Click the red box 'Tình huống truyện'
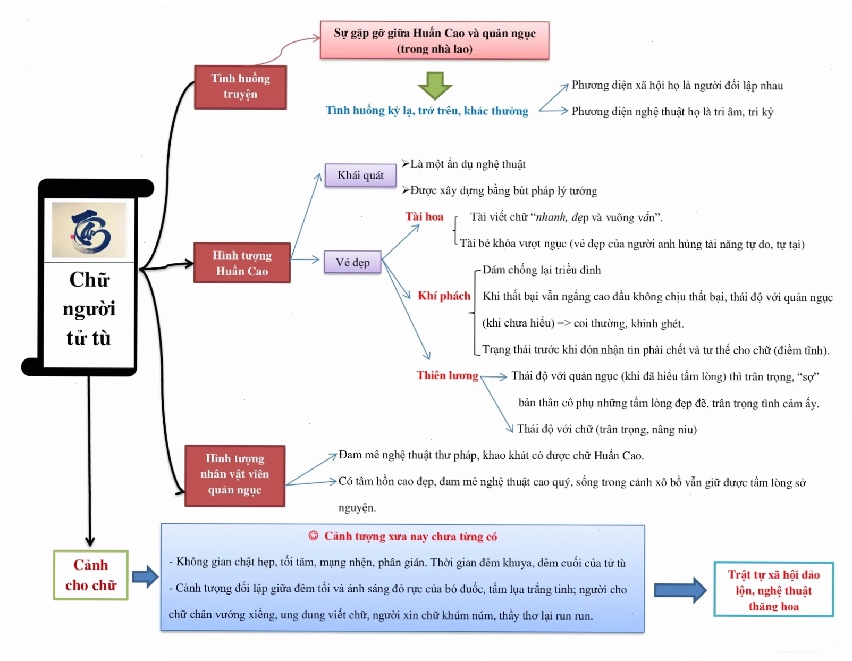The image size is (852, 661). click(240, 87)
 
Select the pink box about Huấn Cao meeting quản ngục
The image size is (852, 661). click(434, 40)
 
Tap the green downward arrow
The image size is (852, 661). click(435, 86)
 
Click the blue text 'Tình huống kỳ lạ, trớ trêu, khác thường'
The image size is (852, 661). click(427, 111)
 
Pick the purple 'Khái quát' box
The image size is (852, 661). click(360, 175)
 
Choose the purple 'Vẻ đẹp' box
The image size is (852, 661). click(352, 262)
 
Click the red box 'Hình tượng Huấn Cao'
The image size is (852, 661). click(242, 263)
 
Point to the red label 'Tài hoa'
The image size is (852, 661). click(424, 216)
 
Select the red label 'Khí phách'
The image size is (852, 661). click(444, 296)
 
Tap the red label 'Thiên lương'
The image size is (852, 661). click(448, 375)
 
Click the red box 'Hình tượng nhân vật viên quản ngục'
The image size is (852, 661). click(235, 475)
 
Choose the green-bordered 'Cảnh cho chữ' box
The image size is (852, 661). click(91, 575)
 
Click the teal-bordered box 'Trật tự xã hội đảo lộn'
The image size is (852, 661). click(773, 589)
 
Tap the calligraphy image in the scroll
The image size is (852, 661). click(89, 230)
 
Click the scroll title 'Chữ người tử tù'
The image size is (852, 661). click(89, 309)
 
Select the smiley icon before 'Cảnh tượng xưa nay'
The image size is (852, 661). click(313, 536)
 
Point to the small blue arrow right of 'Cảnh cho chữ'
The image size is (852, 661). click(146, 576)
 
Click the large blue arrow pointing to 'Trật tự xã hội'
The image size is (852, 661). click(680, 590)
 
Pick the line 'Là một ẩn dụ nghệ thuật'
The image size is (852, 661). click(464, 164)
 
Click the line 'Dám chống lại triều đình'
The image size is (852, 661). click(542, 270)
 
